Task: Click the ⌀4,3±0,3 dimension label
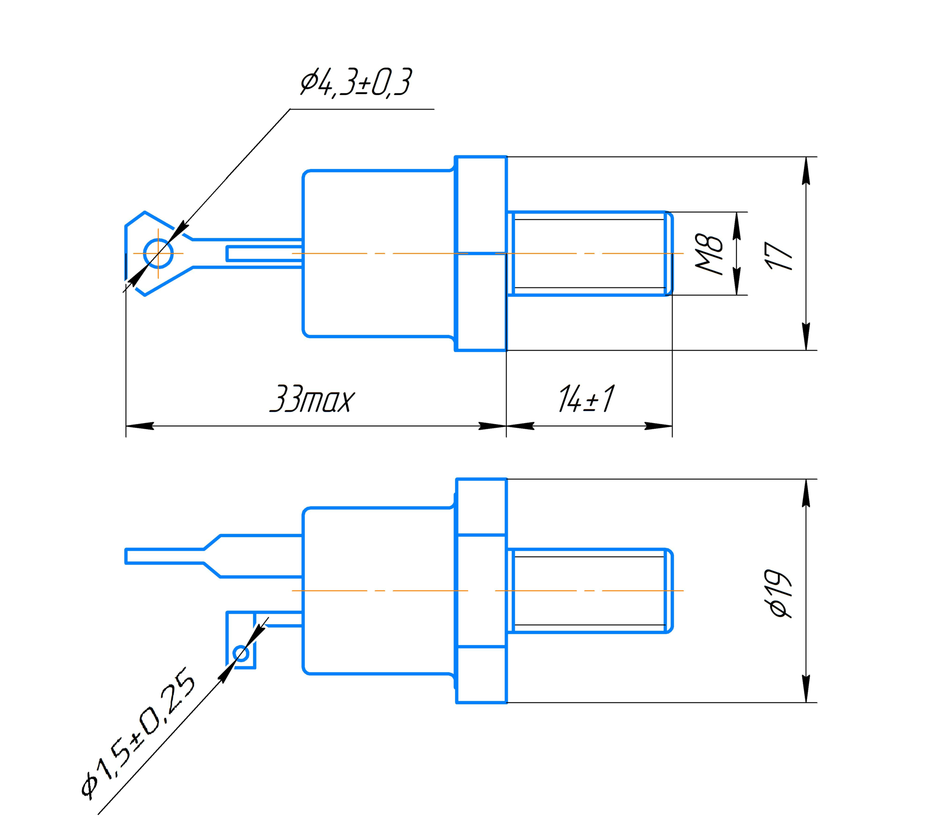pyautogui.click(x=356, y=83)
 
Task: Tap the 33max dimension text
pyautogui.click(x=311, y=400)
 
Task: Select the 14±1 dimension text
pyautogui.click(x=586, y=399)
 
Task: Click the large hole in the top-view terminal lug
pyautogui.click(x=158, y=253)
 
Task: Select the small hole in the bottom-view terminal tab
pyautogui.click(x=241, y=654)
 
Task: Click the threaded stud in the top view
pyautogui.click(x=590, y=253)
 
